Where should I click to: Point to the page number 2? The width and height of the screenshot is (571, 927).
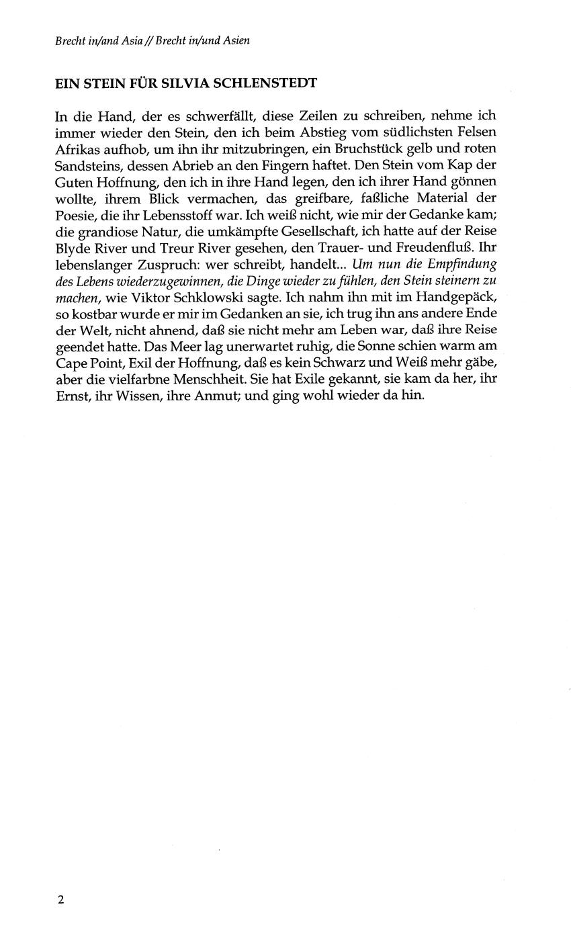pos(60,900)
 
